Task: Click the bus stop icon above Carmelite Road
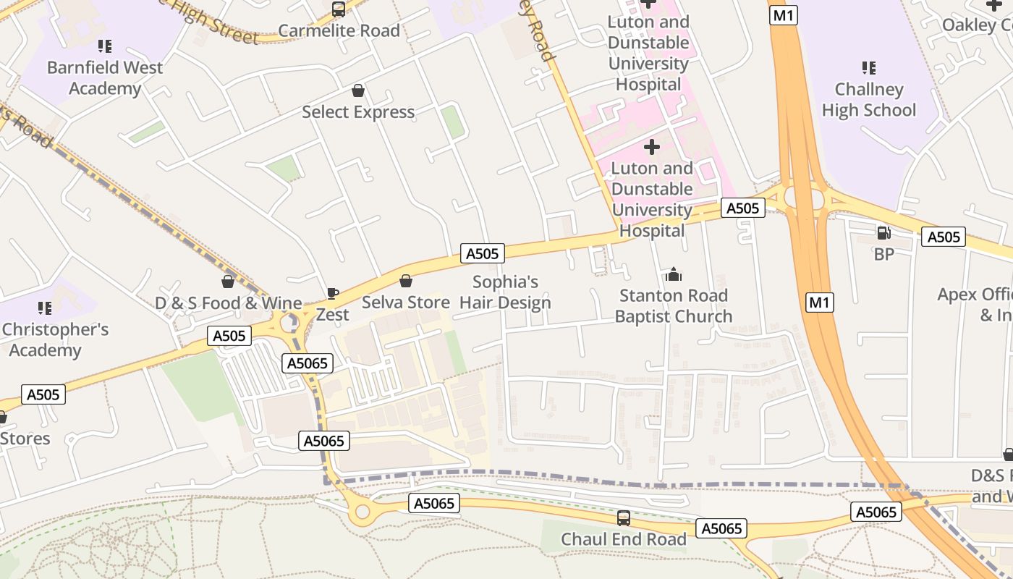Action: tap(339, 9)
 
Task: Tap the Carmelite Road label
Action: tap(339, 30)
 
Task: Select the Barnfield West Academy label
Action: tap(105, 78)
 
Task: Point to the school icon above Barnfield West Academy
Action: tap(105, 46)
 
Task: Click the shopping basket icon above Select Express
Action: tap(357, 90)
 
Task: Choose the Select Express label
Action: tap(358, 112)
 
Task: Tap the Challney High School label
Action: tap(869, 100)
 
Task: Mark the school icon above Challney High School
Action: tap(869, 68)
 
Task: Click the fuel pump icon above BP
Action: tap(883, 232)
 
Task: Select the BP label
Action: tap(883, 254)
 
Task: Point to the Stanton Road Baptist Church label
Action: tap(674, 306)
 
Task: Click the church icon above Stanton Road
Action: tap(674, 274)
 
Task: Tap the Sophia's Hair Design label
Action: tap(506, 292)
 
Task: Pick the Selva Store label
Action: tap(406, 303)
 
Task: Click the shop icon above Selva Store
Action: tap(406, 281)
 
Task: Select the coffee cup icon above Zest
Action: tap(332, 293)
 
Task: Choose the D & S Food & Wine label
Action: tap(228, 303)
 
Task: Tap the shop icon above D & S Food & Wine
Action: tap(228, 282)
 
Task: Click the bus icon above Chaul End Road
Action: tap(623, 518)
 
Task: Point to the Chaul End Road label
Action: tap(624, 540)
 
